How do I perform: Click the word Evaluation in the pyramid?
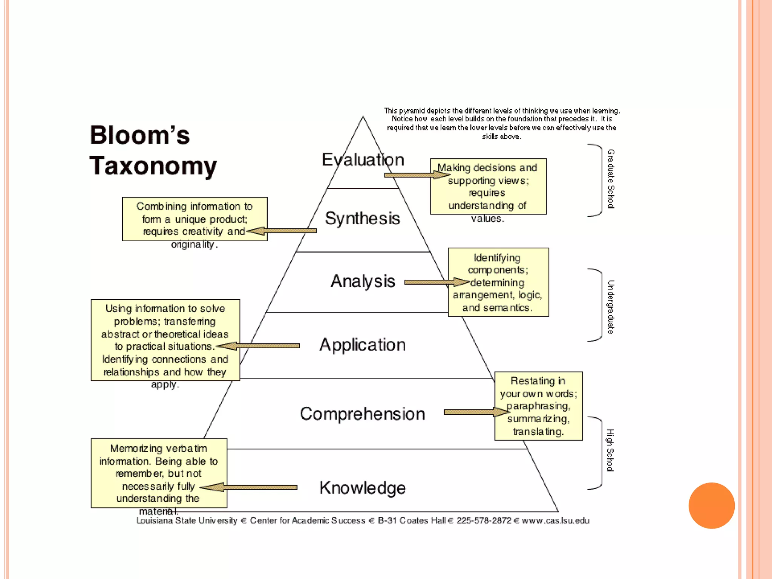[363, 160]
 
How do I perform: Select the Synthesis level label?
[362, 219]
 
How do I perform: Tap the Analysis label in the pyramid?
[363, 281]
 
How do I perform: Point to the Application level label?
[362, 345]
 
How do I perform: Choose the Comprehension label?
[362, 414]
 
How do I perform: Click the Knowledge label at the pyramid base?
[362, 488]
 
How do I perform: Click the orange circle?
[711, 505]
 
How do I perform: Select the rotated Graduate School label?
[611, 179]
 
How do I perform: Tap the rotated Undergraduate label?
[611, 307]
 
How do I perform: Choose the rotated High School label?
[610, 450]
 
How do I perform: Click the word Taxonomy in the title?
[153, 166]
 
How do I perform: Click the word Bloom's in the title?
[139, 135]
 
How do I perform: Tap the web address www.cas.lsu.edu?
[555, 521]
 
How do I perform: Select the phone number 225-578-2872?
[484, 521]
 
